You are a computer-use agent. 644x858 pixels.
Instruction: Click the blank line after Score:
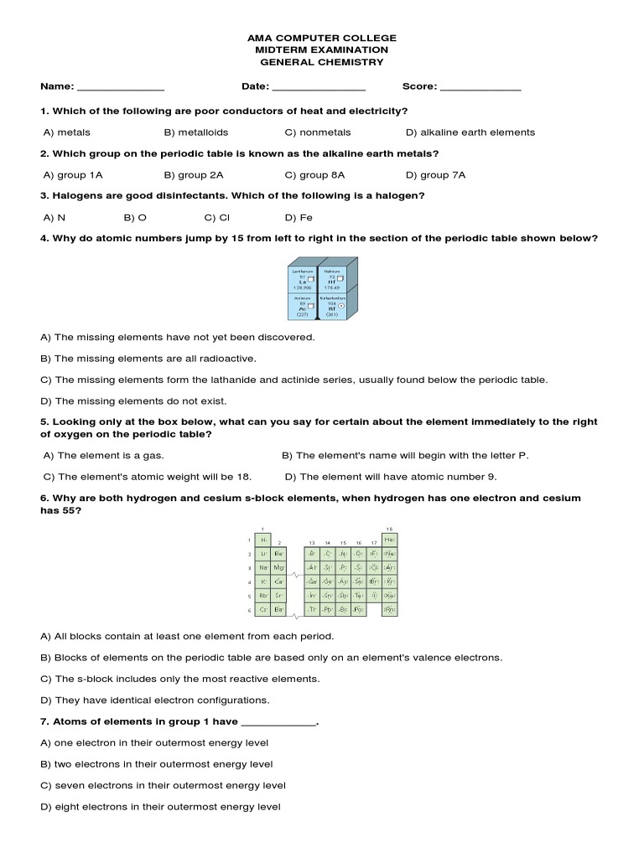click(480, 88)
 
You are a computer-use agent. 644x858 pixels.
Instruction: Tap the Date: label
click(255, 86)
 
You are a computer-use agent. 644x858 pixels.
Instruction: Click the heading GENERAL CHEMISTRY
click(321, 62)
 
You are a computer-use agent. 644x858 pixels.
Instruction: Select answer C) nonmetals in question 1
click(318, 132)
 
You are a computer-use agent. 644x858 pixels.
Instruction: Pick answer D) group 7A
click(435, 175)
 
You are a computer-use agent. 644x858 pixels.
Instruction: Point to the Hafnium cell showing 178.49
click(331, 278)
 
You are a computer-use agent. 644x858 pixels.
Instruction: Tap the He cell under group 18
click(390, 540)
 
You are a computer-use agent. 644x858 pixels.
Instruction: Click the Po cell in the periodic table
click(359, 609)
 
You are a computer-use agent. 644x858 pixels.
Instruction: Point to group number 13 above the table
click(312, 543)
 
